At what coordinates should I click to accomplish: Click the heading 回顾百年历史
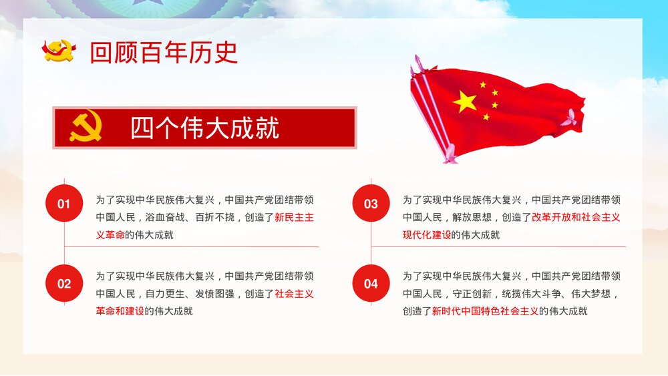[x=164, y=53]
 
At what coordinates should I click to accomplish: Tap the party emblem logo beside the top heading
[x=59, y=51]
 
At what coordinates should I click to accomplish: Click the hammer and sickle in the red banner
[x=86, y=127]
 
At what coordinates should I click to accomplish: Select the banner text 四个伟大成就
[x=204, y=128]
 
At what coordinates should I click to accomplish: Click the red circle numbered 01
[x=63, y=204]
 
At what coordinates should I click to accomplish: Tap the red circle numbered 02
[x=63, y=284]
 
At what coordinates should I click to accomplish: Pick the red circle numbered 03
[x=371, y=204]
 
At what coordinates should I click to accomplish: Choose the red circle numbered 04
[x=371, y=284]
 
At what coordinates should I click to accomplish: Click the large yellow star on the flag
[x=466, y=102]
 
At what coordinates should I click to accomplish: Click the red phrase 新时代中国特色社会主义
[x=485, y=311]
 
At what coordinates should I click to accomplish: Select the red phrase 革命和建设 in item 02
[x=120, y=311]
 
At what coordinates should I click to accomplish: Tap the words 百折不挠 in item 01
[x=215, y=217]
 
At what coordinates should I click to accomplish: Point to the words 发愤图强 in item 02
[x=215, y=293]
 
